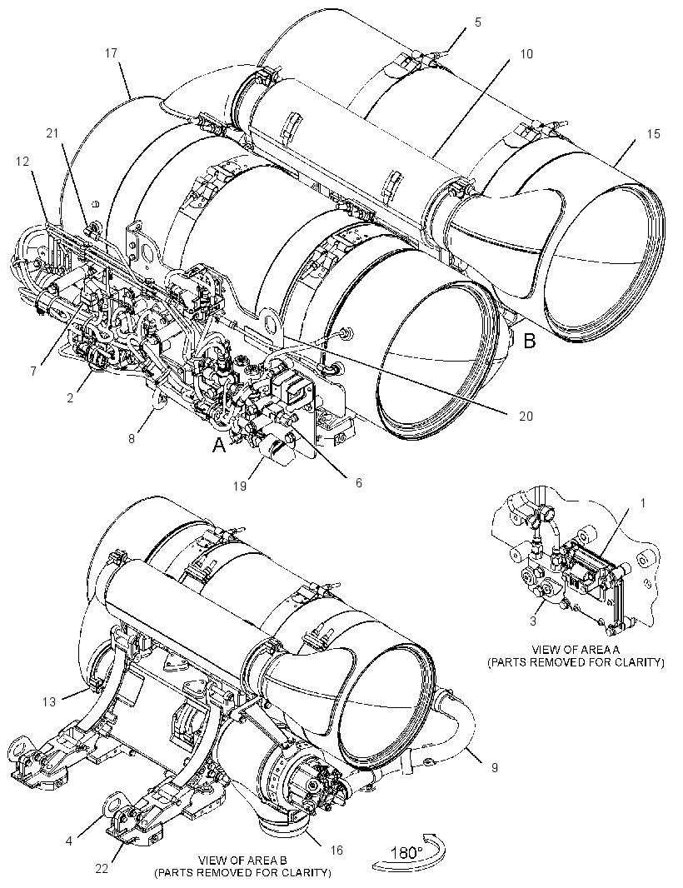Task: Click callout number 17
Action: click(111, 52)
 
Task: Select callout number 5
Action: click(478, 22)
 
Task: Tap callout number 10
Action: click(526, 54)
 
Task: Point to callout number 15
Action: click(654, 133)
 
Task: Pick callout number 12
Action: click(22, 162)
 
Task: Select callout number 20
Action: click(526, 417)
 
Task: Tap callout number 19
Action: click(240, 486)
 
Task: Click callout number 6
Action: click(358, 482)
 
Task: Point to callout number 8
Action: click(132, 438)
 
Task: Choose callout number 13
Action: click(49, 701)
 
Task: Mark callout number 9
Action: click(495, 767)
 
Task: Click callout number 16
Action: click(337, 850)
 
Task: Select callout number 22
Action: click(102, 867)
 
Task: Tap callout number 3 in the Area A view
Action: click(533, 621)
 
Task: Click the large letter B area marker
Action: click(529, 341)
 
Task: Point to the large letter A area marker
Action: click(219, 446)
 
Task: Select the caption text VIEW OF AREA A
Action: click(576, 649)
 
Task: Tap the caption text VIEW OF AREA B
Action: click(243, 861)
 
